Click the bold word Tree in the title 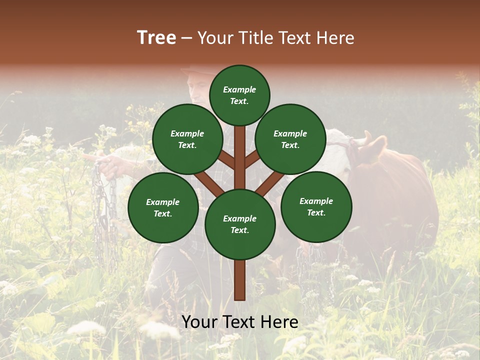click(x=156, y=38)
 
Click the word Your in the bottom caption click(x=200, y=322)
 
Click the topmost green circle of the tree click(x=239, y=95)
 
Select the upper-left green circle click(x=187, y=139)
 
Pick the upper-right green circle click(x=290, y=139)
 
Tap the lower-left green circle click(x=163, y=207)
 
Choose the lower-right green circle click(x=316, y=206)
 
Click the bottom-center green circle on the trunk click(x=240, y=224)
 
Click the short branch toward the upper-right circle click(x=252, y=159)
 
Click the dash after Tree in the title click(x=186, y=38)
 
